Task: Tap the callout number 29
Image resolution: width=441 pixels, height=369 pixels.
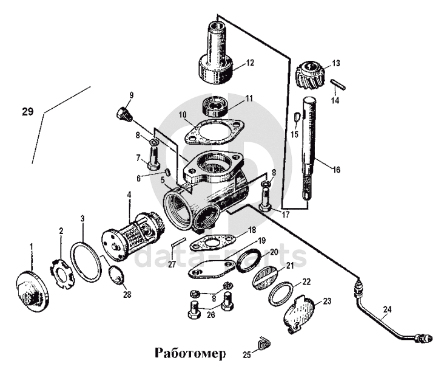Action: (26, 111)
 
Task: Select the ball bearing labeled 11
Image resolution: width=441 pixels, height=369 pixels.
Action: (215, 106)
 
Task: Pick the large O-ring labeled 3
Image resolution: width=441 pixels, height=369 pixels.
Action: (86, 262)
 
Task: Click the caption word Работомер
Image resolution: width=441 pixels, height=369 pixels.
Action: (190, 353)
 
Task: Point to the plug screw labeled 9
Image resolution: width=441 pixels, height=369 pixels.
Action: (124, 114)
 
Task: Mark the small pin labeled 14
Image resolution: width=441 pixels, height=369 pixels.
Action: (340, 84)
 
